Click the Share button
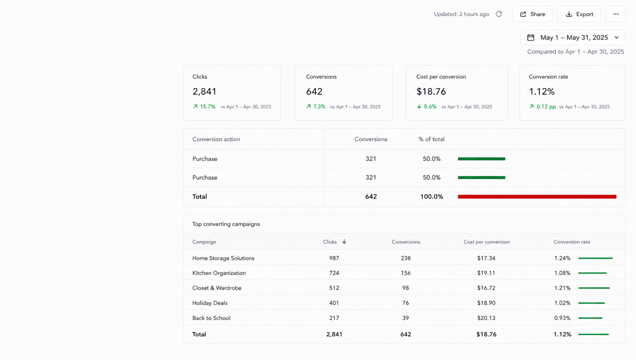(x=532, y=14)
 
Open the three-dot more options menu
(x=616, y=14)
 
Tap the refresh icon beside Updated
(x=499, y=14)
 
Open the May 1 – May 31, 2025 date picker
(x=573, y=38)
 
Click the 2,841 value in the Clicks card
(x=204, y=91)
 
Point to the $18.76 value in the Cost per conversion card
(x=431, y=91)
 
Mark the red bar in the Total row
(x=537, y=197)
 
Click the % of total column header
(x=432, y=139)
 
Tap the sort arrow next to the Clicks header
(x=344, y=241)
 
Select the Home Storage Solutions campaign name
(x=223, y=258)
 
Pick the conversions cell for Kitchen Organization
(x=405, y=273)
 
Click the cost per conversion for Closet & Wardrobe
(x=486, y=288)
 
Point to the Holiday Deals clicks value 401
(x=334, y=303)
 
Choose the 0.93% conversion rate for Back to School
(x=562, y=318)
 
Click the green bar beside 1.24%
(x=596, y=258)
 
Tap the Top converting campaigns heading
(x=226, y=224)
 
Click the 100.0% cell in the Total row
(x=432, y=197)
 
